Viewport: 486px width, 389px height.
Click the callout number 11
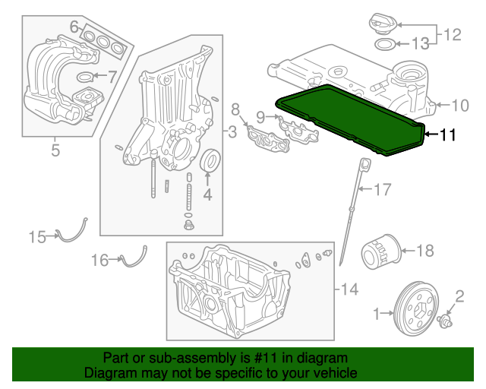coord(448,135)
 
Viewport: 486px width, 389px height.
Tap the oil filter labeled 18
coord(381,251)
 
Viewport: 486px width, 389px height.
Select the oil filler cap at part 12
coord(383,24)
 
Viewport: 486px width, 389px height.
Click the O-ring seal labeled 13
coord(385,44)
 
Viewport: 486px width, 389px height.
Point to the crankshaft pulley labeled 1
coord(416,308)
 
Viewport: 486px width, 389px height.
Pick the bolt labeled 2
coord(445,321)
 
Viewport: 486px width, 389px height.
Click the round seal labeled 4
coord(211,160)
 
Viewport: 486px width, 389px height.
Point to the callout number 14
coord(349,289)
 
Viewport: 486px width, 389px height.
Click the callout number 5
coord(55,150)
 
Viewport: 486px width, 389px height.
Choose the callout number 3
coord(232,131)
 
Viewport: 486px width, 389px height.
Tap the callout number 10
coord(460,106)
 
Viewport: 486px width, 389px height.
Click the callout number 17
coord(383,189)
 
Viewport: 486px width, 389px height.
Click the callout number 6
coord(74,27)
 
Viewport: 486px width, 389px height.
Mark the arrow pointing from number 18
coord(409,250)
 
